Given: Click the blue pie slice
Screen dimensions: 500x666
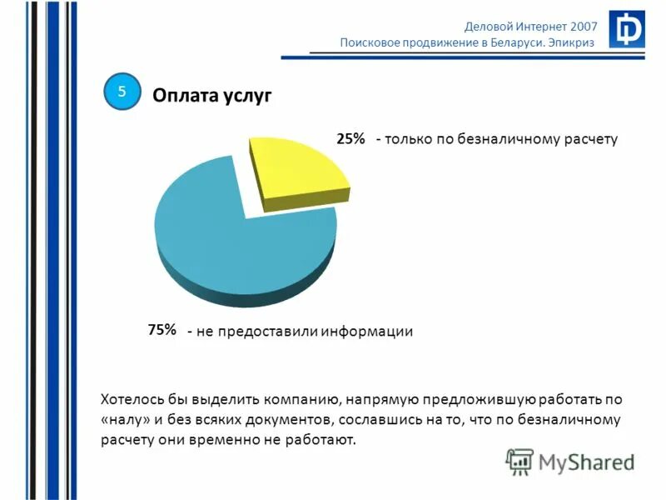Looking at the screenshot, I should [241, 250].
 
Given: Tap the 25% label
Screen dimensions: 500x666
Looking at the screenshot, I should [350, 139].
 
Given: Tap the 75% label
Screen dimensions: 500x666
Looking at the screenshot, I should [162, 330].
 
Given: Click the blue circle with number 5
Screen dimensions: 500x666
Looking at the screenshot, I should [122, 92].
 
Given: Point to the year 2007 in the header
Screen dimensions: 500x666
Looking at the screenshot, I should [580, 26].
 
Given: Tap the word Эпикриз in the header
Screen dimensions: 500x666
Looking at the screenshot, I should [572, 43].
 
